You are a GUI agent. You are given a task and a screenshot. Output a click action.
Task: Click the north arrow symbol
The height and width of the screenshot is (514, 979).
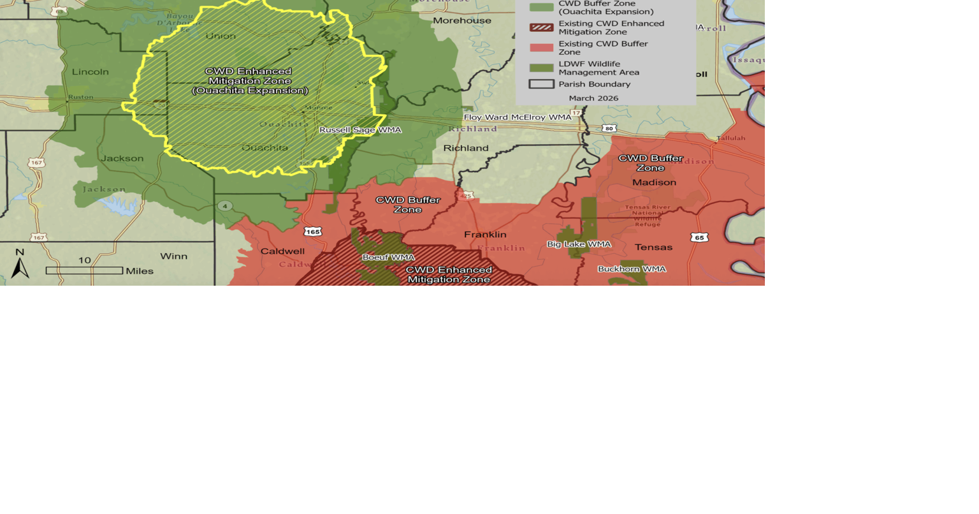coord(20,264)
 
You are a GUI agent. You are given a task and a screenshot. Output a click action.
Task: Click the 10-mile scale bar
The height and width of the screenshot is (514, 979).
coord(84,270)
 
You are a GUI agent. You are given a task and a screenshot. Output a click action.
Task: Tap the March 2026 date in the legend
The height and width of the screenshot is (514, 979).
coord(593,98)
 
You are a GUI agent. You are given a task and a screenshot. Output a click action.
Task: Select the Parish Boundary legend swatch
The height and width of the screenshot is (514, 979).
coord(541,84)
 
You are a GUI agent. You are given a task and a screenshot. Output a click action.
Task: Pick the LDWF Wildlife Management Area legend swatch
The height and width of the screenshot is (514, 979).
coord(541,68)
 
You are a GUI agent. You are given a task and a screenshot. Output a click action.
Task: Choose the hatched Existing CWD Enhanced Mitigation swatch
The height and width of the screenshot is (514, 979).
coord(541,27)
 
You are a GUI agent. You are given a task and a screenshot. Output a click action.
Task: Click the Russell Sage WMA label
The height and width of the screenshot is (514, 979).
coord(360,130)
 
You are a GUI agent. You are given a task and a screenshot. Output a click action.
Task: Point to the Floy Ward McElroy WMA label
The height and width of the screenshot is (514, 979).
coord(518,117)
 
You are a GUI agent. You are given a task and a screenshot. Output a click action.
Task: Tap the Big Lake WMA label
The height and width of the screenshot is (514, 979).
coord(579,244)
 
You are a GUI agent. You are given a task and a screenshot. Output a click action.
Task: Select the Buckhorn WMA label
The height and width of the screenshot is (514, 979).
coord(632,269)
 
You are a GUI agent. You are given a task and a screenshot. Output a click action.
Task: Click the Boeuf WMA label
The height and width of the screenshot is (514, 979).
coord(388,258)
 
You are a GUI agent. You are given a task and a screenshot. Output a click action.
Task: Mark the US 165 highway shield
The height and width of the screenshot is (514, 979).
coord(312,231)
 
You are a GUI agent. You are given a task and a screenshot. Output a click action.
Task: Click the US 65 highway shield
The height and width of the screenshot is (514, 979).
coord(699,238)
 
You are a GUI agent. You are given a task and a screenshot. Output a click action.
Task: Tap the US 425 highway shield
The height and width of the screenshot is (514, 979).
coord(467,195)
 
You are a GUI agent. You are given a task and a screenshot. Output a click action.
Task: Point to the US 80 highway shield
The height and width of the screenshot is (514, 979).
coord(609,129)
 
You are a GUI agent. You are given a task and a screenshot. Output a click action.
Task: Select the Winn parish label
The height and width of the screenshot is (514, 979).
coord(173,256)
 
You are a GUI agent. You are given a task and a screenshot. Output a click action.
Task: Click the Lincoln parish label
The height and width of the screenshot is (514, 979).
coord(91,72)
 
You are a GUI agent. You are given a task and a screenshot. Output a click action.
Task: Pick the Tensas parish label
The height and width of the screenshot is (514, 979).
coord(653,247)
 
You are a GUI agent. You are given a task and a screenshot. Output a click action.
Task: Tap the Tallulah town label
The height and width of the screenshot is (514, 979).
coord(730,138)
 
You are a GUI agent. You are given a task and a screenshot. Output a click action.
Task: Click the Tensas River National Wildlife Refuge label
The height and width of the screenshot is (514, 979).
coord(647,216)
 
